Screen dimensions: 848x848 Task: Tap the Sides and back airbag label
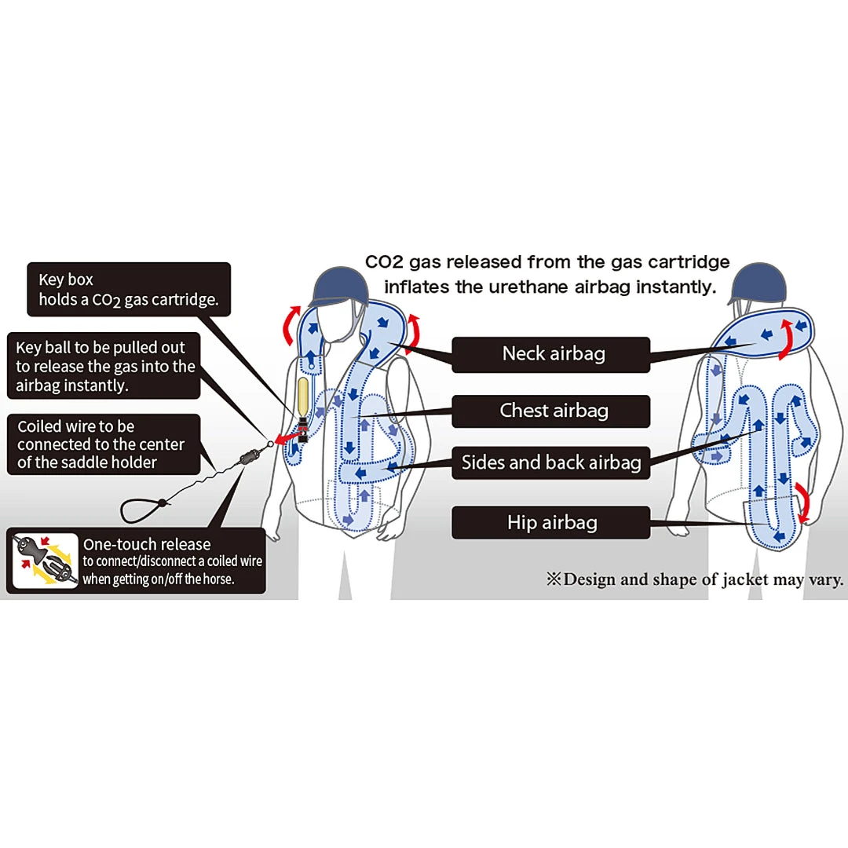pyautogui.click(x=550, y=462)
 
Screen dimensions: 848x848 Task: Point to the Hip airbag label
pyautogui.click(x=550, y=523)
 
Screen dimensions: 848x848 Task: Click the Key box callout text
pyautogui.click(x=129, y=290)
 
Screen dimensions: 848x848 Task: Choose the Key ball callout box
pyautogui.click(x=105, y=366)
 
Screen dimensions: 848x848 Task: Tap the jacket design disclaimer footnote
pyautogui.click(x=695, y=580)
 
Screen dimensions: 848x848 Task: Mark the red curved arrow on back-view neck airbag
pyautogui.click(x=785, y=339)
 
